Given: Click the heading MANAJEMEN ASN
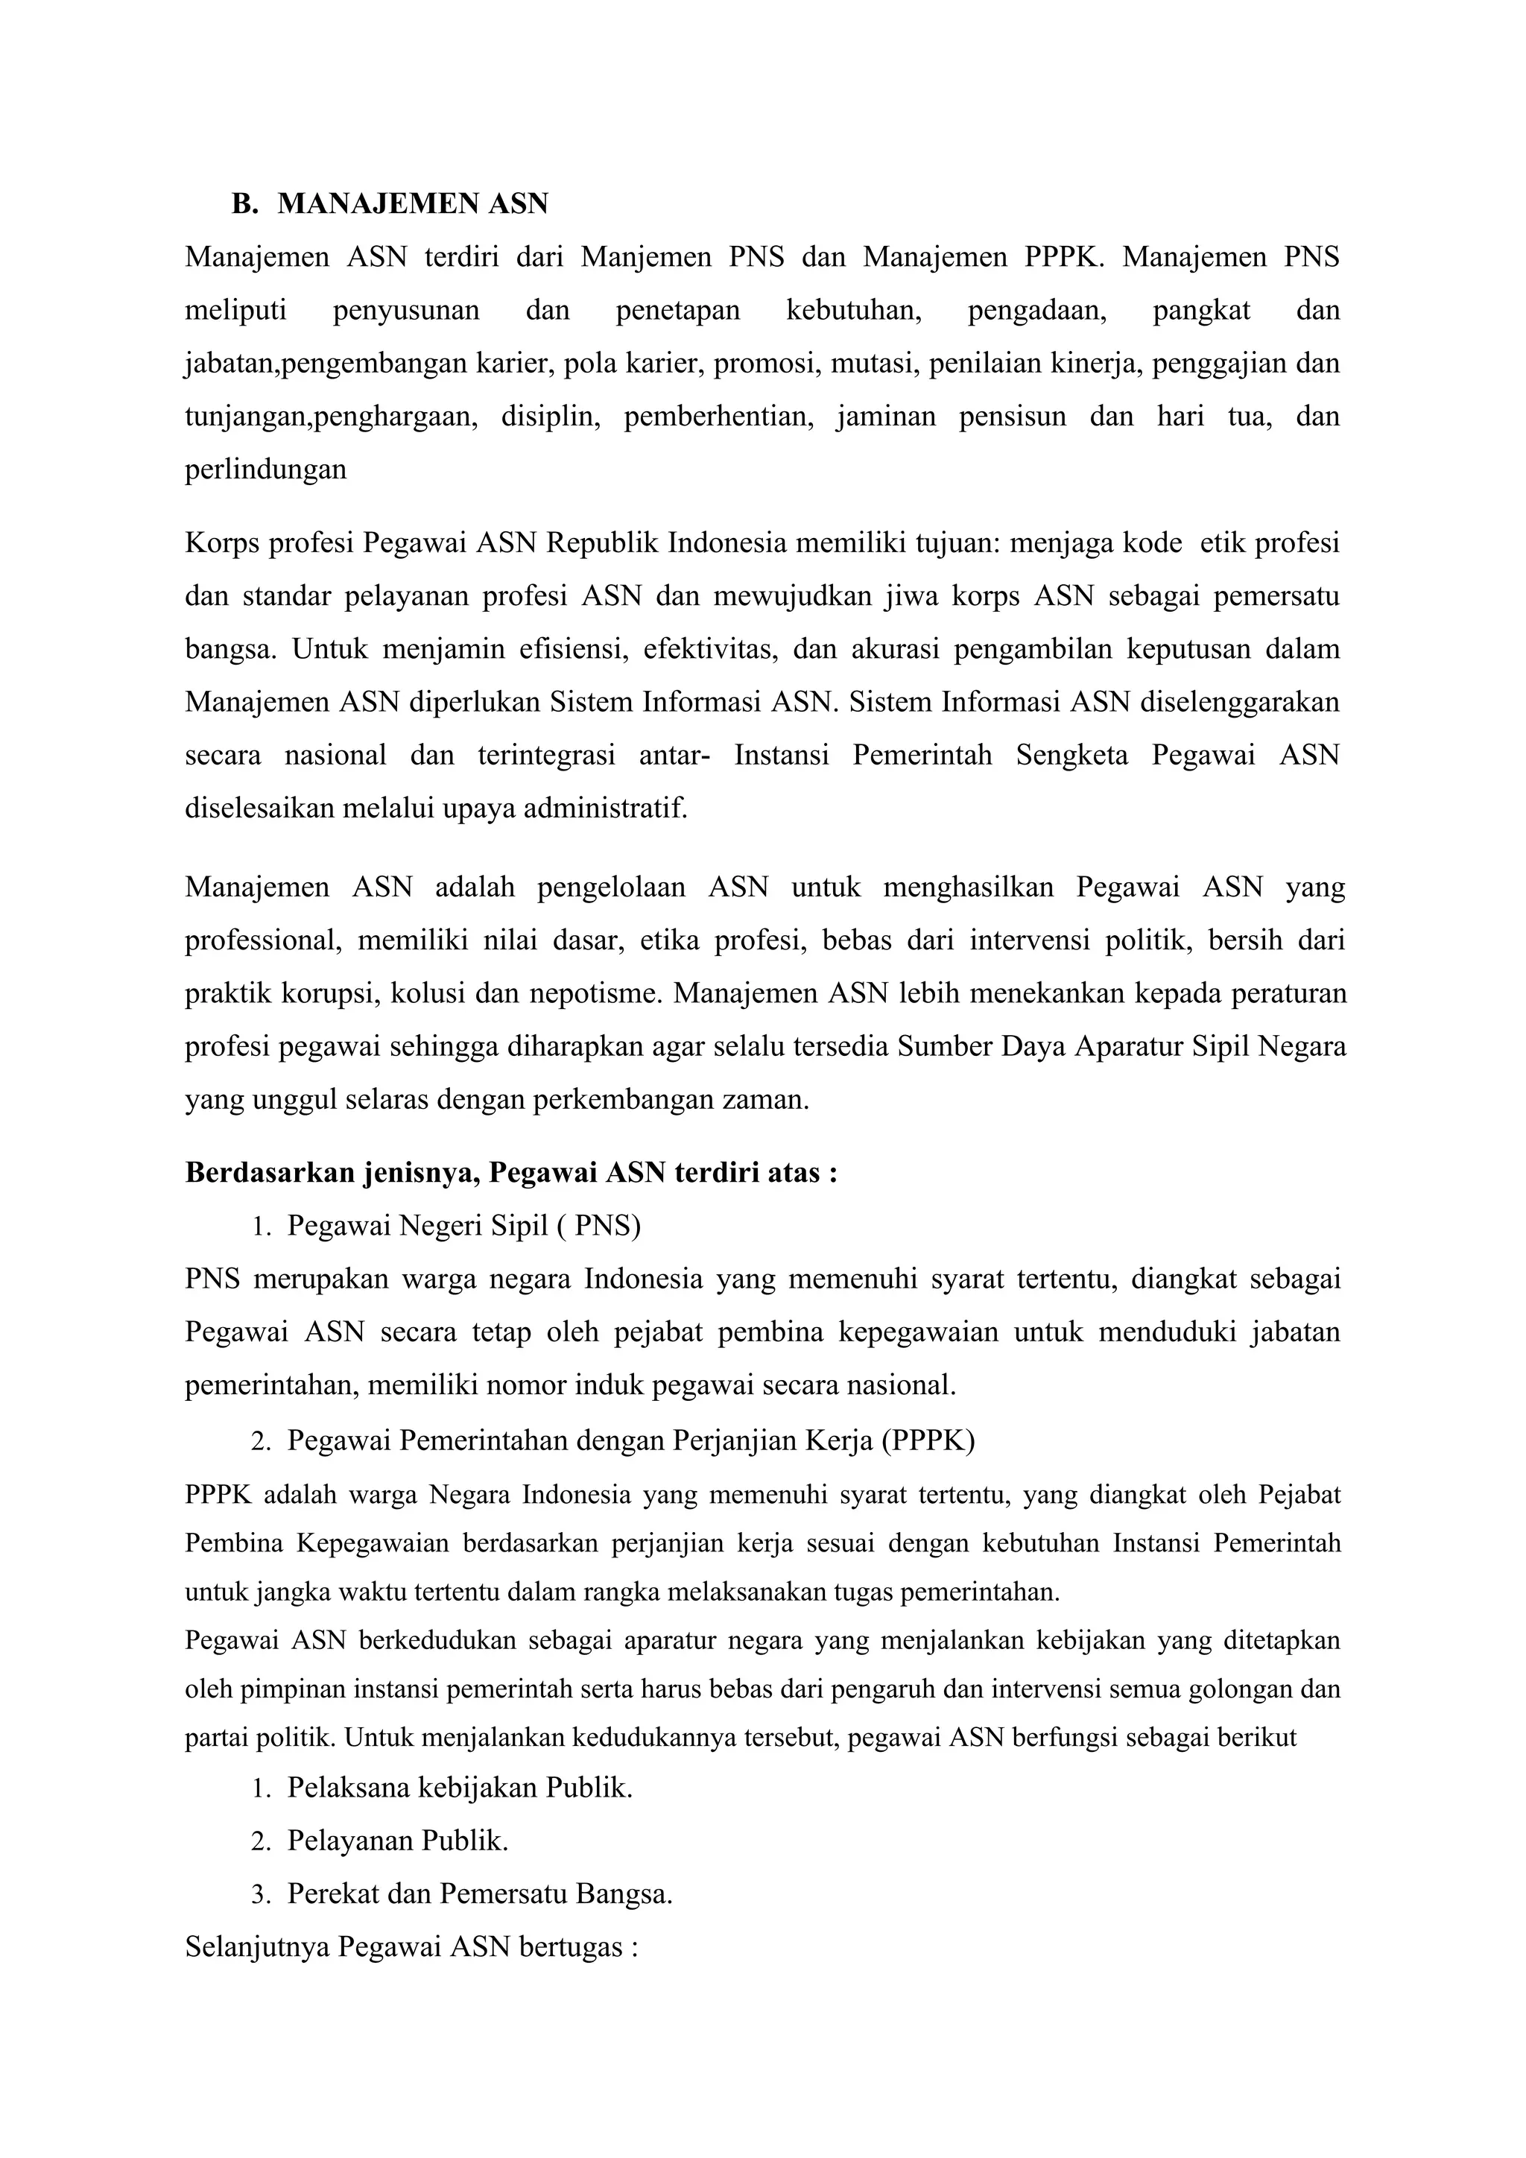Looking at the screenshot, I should [413, 204].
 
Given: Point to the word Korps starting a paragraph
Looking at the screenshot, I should [222, 543].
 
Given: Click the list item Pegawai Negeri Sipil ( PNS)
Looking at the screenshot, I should [463, 1226].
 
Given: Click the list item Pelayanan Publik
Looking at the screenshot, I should [397, 1841].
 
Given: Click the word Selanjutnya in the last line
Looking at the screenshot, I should [258, 1946].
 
